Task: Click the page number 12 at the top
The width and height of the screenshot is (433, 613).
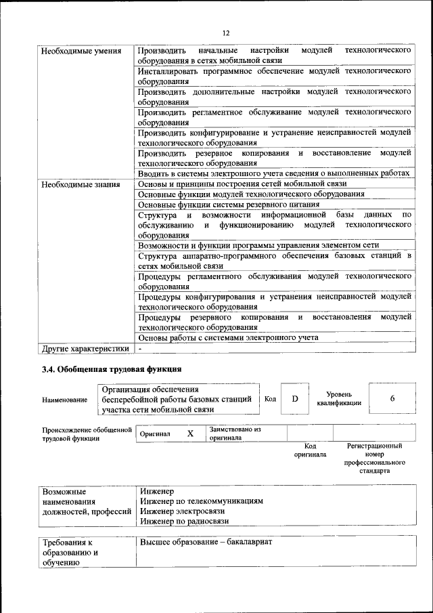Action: [226, 33]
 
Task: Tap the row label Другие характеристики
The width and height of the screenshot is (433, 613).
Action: [85, 349]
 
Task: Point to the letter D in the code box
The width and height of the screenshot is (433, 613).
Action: [295, 399]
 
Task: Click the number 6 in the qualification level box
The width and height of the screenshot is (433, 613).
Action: [392, 399]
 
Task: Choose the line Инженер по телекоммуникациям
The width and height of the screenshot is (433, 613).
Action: [201, 501]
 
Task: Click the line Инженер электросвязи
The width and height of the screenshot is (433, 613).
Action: [178, 511]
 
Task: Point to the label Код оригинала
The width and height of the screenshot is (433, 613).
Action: [310, 450]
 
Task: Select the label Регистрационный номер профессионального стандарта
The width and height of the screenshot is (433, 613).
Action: [374, 459]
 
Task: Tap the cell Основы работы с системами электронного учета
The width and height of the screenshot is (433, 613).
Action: [228, 337]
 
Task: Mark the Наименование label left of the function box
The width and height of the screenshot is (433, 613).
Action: [65, 400]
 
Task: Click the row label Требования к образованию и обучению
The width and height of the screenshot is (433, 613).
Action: [71, 553]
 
